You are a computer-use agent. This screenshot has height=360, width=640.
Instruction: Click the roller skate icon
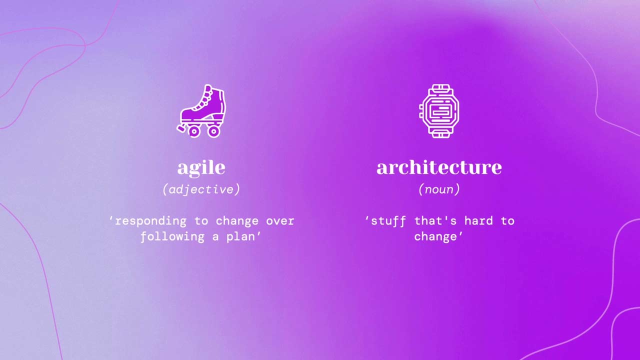click(x=202, y=111)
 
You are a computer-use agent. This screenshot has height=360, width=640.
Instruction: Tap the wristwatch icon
click(x=439, y=111)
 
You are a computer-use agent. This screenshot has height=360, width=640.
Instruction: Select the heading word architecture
click(x=439, y=167)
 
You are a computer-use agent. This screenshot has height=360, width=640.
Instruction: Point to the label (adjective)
click(x=201, y=189)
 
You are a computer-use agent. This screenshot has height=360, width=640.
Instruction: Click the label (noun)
click(x=439, y=189)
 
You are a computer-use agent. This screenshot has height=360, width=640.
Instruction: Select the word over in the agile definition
click(x=280, y=221)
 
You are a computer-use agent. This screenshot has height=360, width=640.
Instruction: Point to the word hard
click(x=479, y=221)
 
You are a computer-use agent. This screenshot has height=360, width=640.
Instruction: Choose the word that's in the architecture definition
click(x=436, y=221)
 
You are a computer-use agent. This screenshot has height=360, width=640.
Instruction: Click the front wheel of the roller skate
click(x=194, y=131)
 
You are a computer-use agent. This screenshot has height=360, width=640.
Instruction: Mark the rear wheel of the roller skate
click(x=213, y=131)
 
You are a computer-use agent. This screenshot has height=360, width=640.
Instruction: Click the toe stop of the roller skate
click(x=181, y=128)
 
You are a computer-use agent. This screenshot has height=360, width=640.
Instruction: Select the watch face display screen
click(x=439, y=111)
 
